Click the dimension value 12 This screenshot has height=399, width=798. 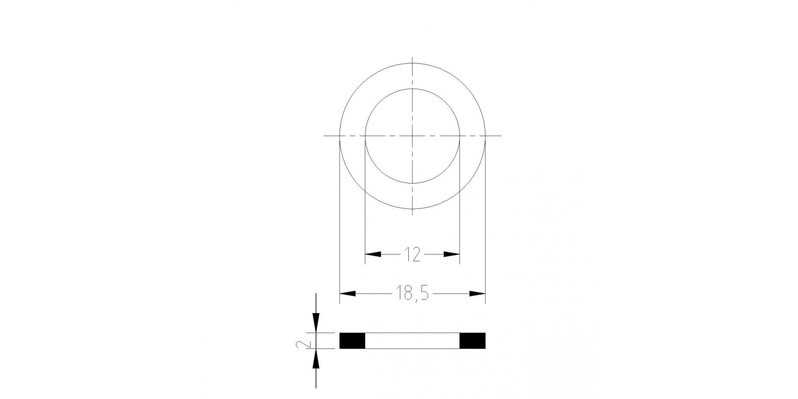tap(412, 254)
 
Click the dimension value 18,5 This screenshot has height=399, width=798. tap(412, 294)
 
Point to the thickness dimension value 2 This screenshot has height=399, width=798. tap(304, 341)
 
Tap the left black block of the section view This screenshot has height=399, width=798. tap(352, 340)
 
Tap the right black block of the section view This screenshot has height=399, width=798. tap(473, 340)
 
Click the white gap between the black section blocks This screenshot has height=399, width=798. tap(412, 340)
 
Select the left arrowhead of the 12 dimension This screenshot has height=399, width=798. tap(373, 254)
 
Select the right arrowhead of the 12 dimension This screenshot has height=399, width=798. tap(452, 254)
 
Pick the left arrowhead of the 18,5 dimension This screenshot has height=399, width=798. tap(348, 293)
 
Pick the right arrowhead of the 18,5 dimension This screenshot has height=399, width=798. tap(477, 293)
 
